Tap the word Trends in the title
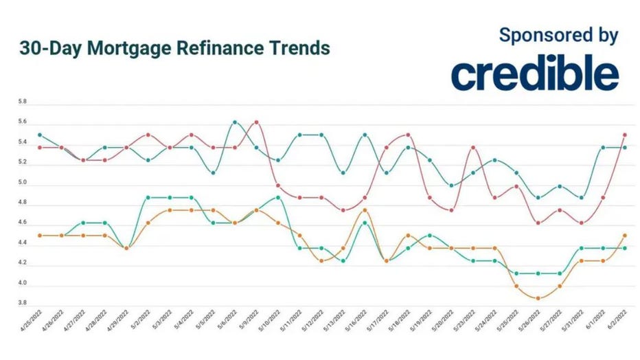297,49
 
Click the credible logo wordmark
534,74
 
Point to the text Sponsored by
558,35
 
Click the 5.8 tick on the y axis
22,102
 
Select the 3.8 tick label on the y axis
22,303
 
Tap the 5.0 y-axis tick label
22,183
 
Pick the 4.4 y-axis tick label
22,243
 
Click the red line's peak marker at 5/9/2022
256,122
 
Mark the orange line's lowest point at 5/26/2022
538,298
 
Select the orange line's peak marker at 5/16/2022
365,210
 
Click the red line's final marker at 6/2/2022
625,135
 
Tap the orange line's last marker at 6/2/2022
625,236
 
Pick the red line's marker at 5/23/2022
473,148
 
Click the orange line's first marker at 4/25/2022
39,236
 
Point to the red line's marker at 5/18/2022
408,135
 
